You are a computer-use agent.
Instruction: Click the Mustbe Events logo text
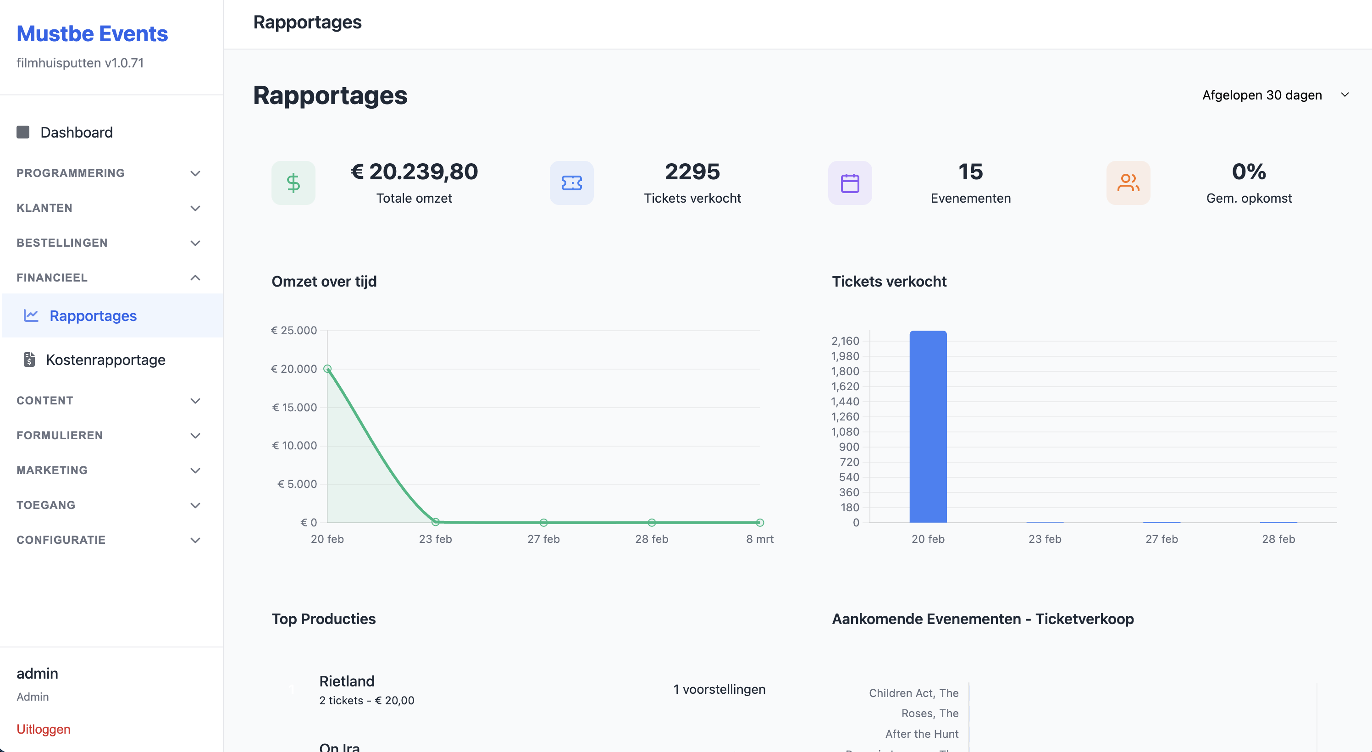92,33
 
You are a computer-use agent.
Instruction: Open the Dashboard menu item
76,132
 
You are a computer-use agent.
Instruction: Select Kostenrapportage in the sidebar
105,359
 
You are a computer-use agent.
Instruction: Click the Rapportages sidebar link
93,315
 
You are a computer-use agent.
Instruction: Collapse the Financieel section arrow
195,277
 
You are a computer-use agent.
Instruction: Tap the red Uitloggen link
43,729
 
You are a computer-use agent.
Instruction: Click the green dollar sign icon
293,182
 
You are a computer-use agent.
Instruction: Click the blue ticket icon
571,182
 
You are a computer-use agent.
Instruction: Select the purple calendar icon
850,182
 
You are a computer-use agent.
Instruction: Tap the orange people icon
1128,182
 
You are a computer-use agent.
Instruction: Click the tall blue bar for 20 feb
928,426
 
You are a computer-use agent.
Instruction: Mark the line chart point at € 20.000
327,369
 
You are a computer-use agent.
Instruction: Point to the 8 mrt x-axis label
759,539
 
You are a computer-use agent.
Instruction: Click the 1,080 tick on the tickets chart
845,431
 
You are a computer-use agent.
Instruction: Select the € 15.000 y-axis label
294,408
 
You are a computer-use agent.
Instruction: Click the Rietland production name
347,681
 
